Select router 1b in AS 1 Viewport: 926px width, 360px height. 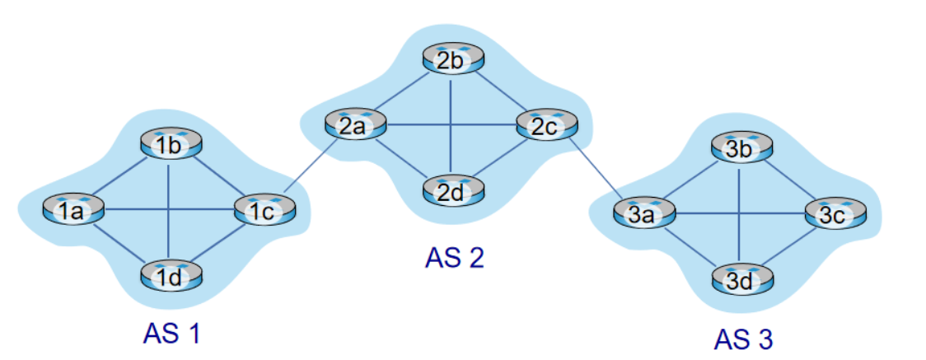pos(169,146)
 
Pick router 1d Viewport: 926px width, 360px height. pos(169,276)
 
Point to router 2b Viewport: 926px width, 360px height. pos(453,59)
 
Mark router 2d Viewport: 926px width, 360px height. pos(453,191)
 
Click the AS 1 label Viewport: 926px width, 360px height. pos(171,334)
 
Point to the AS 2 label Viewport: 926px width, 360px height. pos(455,258)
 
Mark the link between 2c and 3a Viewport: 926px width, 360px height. pos(595,171)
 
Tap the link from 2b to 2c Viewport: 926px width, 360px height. pos(500,92)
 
